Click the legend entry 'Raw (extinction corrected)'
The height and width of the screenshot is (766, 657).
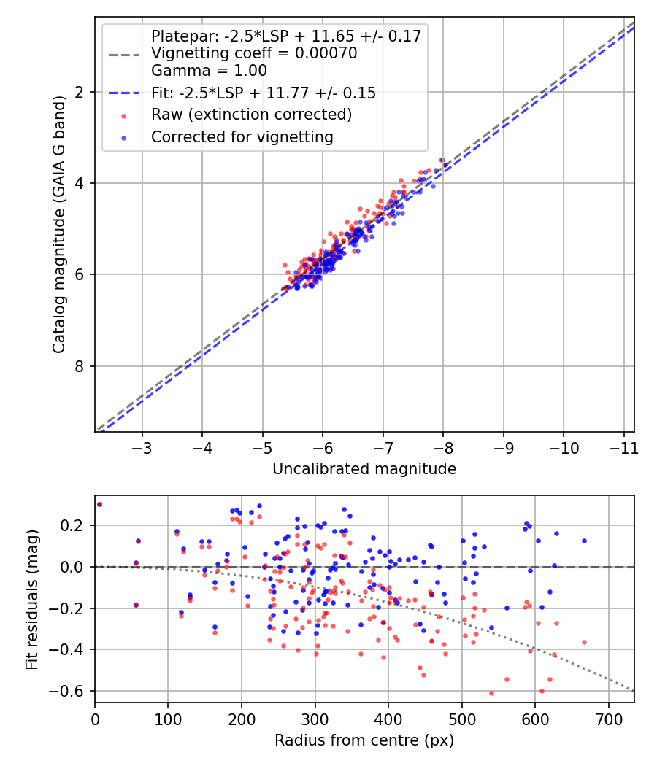[x=251, y=115]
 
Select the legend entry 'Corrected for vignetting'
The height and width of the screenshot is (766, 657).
[x=242, y=136]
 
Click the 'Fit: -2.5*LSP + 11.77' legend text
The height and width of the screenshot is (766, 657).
[x=263, y=93]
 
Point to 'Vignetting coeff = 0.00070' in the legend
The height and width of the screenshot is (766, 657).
[x=253, y=53]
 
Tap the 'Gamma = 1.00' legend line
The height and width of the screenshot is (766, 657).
[x=209, y=71]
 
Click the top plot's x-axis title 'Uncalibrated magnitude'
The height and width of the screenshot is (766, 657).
[x=364, y=469]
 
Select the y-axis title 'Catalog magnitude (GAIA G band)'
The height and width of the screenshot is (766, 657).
[x=60, y=224]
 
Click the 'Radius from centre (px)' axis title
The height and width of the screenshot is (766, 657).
[x=364, y=740]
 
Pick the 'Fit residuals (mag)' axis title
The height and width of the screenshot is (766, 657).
[x=31, y=599]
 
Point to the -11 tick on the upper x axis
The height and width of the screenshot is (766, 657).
[x=621, y=446]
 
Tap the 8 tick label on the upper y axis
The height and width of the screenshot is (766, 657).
[x=81, y=366]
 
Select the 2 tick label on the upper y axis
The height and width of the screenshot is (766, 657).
[x=81, y=92]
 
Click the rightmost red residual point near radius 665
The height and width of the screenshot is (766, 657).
[x=584, y=642]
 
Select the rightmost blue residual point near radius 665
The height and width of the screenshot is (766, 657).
[x=584, y=541]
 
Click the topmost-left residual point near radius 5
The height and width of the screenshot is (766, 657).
[x=99, y=504]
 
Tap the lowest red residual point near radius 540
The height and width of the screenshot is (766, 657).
[x=491, y=693]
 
